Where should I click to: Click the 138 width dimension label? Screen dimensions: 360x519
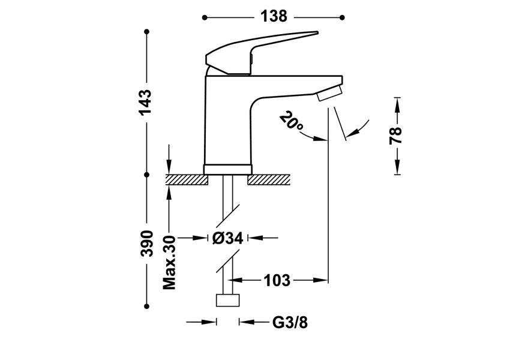[274, 17]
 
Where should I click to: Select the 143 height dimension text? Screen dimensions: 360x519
[146, 103]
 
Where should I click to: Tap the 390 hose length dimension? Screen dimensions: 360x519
[146, 243]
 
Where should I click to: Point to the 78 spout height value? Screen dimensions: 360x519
[396, 135]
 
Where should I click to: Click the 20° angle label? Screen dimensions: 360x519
[291, 122]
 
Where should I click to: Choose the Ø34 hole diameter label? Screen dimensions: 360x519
[227, 238]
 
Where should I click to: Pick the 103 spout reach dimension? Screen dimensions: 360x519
[277, 280]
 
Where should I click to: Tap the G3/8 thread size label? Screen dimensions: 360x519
[290, 323]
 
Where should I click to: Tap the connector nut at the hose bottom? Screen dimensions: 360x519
[227, 301]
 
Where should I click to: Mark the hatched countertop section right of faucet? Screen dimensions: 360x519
[269, 179]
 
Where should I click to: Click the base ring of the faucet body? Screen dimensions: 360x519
[227, 169]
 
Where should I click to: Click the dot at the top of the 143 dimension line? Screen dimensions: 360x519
[146, 31]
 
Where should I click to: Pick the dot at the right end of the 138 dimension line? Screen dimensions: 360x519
[343, 17]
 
